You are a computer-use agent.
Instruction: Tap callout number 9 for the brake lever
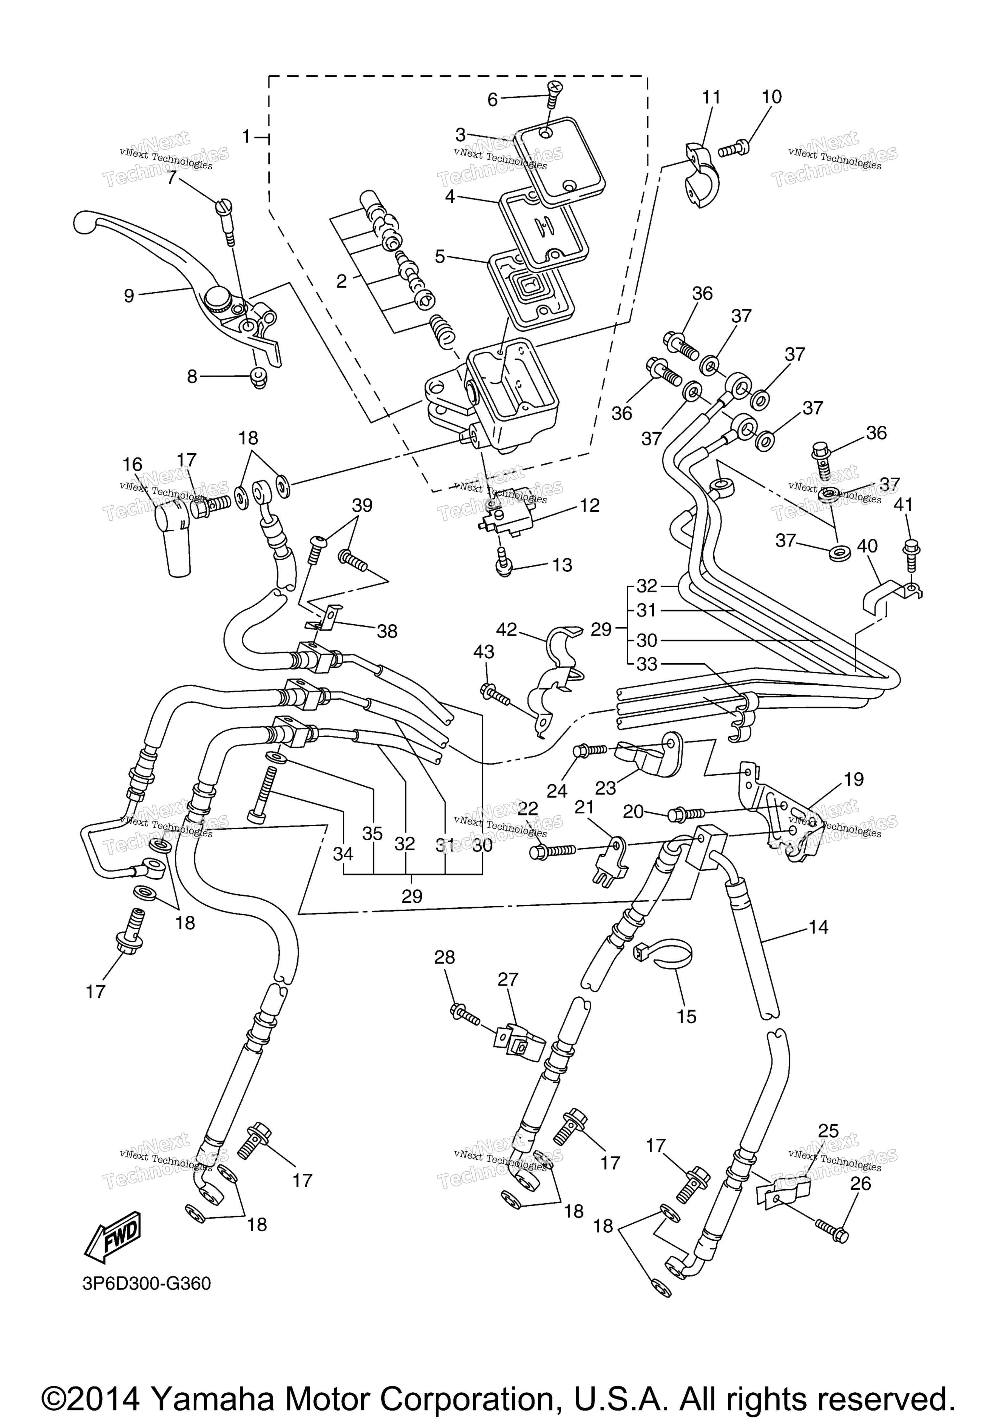click(129, 296)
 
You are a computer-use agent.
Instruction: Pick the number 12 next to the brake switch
click(590, 506)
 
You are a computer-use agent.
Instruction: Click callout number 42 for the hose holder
click(506, 629)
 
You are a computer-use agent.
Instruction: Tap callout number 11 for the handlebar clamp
click(711, 97)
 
